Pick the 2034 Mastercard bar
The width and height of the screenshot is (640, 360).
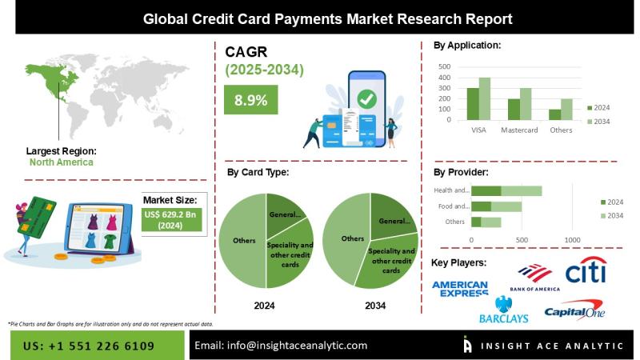(x=525, y=103)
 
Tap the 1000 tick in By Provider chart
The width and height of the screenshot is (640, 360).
(x=572, y=239)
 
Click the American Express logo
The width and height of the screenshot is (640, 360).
(x=459, y=289)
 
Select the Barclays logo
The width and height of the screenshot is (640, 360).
(x=503, y=311)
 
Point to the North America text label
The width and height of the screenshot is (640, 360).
(x=61, y=162)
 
